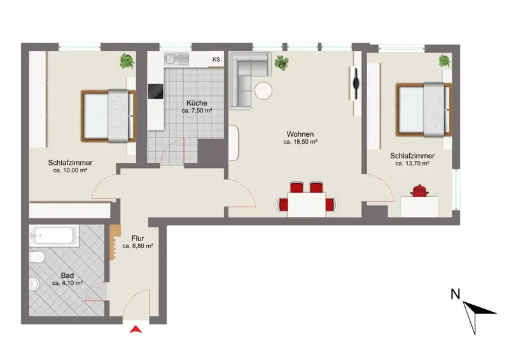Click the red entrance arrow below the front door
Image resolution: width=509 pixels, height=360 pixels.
(136, 329)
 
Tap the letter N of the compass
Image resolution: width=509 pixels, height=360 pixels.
(456, 294)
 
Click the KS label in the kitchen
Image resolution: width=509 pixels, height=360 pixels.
(216, 59)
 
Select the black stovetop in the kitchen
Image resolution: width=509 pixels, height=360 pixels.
(155, 91)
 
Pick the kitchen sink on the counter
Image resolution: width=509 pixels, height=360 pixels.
(177, 59)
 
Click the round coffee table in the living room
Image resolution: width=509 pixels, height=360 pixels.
(263, 91)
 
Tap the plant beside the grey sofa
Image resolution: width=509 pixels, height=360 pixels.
(281, 63)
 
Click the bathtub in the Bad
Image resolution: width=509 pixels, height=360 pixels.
(54, 235)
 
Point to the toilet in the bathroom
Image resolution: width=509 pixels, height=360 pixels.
(37, 257)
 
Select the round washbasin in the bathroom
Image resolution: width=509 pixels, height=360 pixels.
(34, 284)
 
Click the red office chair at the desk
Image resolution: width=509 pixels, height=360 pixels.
(420, 191)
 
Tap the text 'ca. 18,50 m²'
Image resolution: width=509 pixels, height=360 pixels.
(300, 142)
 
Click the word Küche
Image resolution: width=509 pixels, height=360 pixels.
(197, 103)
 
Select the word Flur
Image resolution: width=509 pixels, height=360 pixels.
(138, 239)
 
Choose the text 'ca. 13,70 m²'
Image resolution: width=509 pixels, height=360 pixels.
(412, 163)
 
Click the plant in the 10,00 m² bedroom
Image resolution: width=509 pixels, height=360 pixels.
(127, 61)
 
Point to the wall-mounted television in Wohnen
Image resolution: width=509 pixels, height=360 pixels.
(354, 84)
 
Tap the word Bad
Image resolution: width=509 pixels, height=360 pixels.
(67, 275)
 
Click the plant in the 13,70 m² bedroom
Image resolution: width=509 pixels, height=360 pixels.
(444, 61)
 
